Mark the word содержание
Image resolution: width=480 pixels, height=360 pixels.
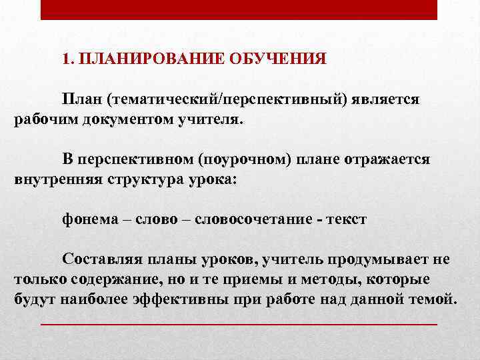click(x=99, y=279)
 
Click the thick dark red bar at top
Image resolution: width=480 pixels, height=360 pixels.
click(x=239, y=9)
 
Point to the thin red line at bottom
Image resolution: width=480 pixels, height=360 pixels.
click(x=239, y=324)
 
